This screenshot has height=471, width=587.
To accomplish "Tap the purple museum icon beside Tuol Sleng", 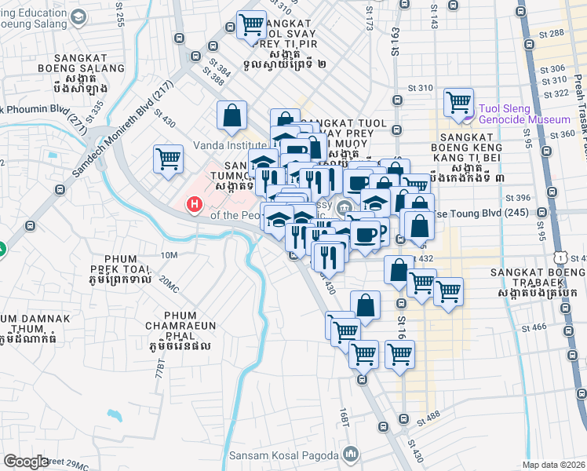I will (x=469, y=119).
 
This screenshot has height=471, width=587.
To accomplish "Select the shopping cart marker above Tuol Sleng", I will (x=458, y=102).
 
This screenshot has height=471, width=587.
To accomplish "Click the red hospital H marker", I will (x=193, y=206).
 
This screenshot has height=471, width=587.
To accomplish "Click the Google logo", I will (x=26, y=462).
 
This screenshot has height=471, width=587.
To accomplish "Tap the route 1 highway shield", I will (x=560, y=257).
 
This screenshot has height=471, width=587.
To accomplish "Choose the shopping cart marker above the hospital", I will (x=169, y=159).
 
